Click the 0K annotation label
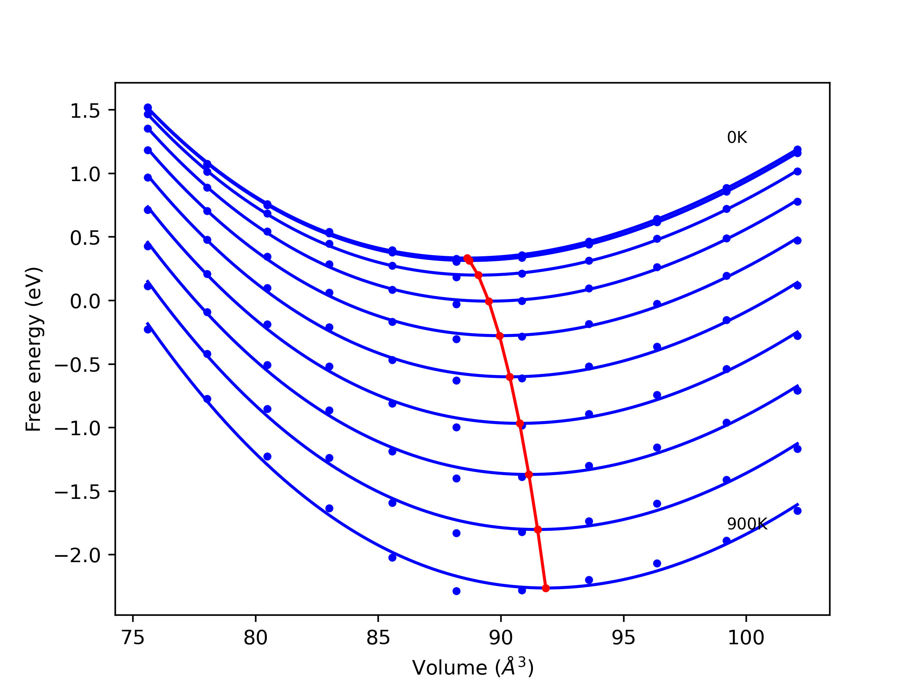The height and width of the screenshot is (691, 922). (737, 137)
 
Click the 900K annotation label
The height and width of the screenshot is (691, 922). (747, 524)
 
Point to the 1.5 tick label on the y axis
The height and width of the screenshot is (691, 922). (85, 111)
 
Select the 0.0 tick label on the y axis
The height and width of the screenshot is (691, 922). (85, 301)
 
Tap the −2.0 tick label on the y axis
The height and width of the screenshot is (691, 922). (78, 556)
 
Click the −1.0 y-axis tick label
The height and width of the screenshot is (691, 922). (78, 429)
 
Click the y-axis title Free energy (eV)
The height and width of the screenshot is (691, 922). (33, 349)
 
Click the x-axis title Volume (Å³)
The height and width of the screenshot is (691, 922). (473, 667)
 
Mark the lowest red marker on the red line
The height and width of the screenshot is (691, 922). (546, 588)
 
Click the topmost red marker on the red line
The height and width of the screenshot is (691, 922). (467, 258)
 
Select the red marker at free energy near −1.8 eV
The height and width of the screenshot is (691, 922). (538, 530)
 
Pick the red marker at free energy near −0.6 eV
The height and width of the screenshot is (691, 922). (510, 377)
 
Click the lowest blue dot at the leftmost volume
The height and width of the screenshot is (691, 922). (148, 329)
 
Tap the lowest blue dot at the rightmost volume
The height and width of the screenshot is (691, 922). (797, 511)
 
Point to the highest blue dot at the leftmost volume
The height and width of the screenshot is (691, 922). (148, 108)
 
